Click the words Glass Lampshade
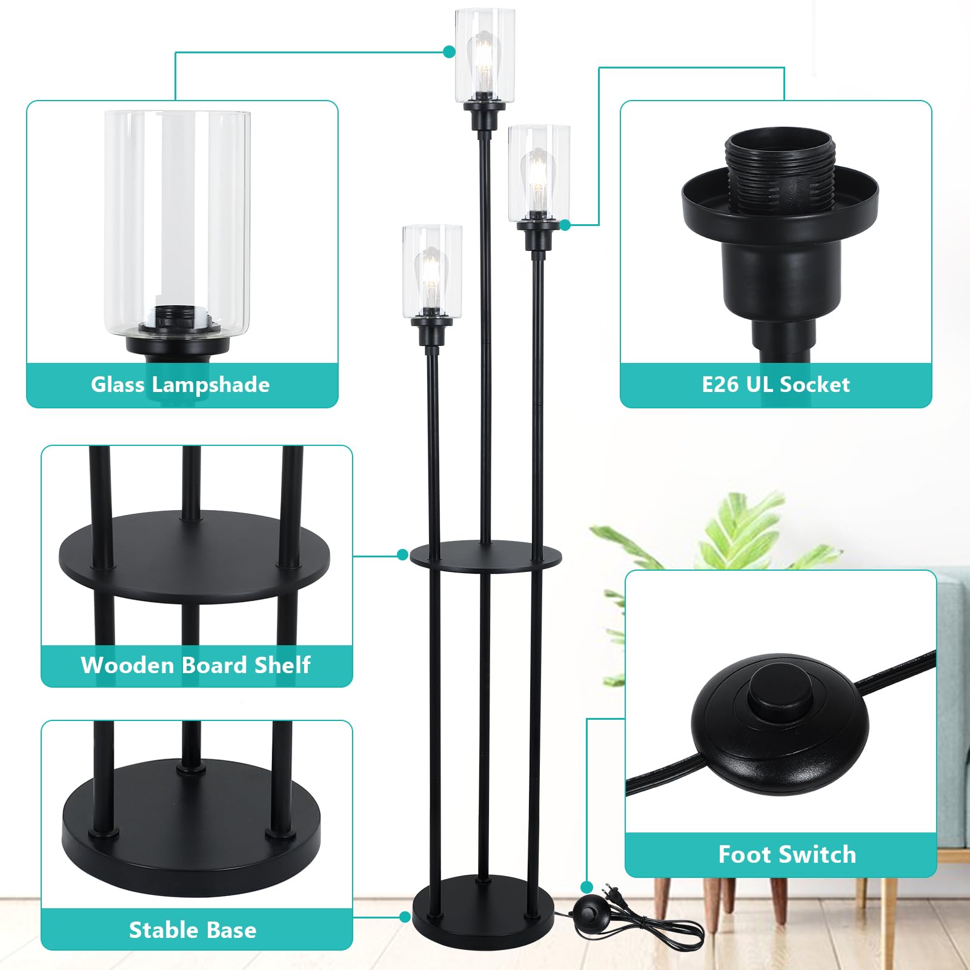pyautogui.click(x=180, y=385)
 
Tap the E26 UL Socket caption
pyautogui.click(x=776, y=385)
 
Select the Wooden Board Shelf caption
pyautogui.click(x=195, y=665)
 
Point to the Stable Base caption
pyautogui.click(x=193, y=930)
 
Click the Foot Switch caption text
pyautogui.click(x=786, y=854)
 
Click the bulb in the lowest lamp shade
pyautogui.click(x=431, y=276)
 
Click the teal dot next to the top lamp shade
pyautogui.click(x=449, y=52)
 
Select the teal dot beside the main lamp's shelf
pyautogui.click(x=402, y=554)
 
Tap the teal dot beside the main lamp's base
pyautogui.click(x=405, y=917)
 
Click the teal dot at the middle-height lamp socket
pyautogui.click(x=565, y=225)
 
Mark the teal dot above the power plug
pyautogui.click(x=586, y=888)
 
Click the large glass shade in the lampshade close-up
pyautogui.click(x=177, y=221)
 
